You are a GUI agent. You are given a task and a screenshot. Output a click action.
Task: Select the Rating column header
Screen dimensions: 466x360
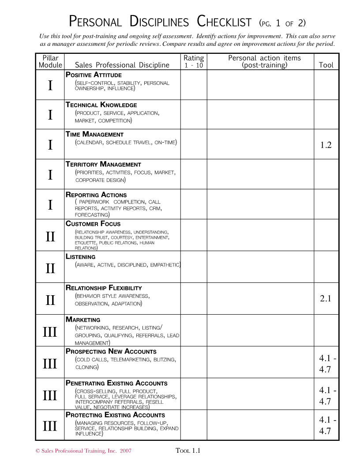(193, 61)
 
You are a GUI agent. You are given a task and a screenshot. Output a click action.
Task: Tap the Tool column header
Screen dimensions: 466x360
(326, 65)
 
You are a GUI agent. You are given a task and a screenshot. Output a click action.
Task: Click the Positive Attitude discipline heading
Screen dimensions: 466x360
(94, 75)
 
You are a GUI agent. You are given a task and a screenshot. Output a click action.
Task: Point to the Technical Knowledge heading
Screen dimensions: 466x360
(101, 105)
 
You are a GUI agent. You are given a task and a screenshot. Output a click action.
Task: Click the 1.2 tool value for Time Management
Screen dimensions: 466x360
(326, 145)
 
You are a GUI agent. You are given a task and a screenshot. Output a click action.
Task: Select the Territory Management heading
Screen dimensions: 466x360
(103, 165)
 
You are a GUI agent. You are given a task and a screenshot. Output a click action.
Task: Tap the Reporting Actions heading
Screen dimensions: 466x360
(96, 195)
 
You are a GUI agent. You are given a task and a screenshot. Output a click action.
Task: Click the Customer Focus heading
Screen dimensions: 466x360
(93, 224)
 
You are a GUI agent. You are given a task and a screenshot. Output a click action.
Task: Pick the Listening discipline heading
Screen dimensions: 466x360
(81, 256)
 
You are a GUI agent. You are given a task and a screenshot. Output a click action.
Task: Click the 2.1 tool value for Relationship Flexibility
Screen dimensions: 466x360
(326, 299)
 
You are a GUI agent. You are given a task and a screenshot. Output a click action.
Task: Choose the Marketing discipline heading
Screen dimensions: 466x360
(83, 319)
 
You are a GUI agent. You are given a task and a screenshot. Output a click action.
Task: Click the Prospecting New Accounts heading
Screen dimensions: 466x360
(111, 352)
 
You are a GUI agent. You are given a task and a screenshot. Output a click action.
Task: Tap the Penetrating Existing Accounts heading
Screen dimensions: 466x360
(116, 383)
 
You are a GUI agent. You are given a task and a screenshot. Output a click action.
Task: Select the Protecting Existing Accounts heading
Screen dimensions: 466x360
(115, 415)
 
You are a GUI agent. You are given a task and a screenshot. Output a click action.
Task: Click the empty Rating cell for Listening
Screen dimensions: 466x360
(193, 267)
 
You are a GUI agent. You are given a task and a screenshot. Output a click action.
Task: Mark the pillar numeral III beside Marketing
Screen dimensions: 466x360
(50, 331)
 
